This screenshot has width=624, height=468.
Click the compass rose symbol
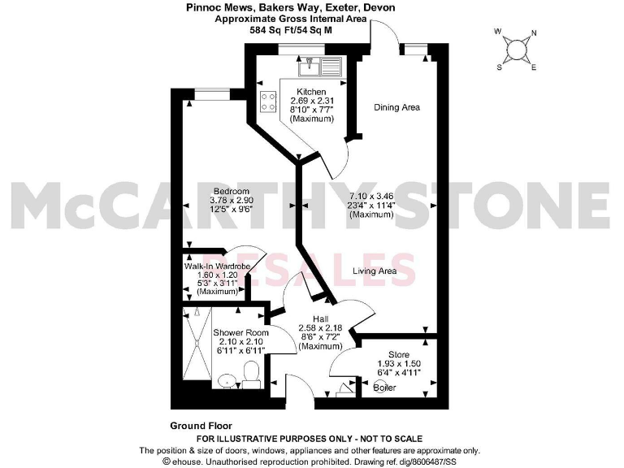point(516,50)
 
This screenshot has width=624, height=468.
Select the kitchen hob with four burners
point(269,102)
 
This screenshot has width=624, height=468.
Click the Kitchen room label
point(311,92)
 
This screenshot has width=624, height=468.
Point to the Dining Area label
point(396,107)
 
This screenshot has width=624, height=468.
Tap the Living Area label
point(375,271)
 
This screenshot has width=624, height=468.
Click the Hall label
point(319,319)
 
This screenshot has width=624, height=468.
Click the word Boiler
point(385,388)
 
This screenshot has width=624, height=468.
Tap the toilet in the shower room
point(251,375)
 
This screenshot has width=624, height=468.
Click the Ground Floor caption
point(201,426)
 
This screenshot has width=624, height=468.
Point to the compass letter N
point(533,34)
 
